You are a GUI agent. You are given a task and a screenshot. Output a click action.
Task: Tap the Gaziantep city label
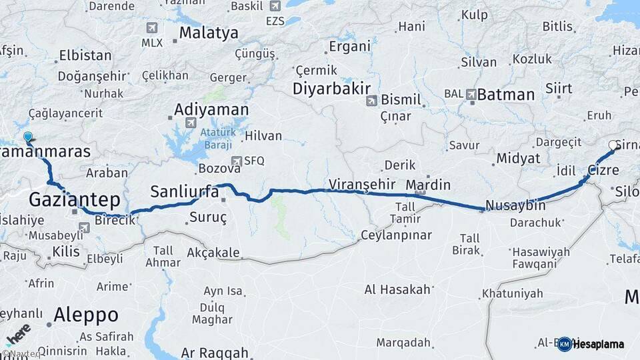pyautogui.click(x=74, y=199)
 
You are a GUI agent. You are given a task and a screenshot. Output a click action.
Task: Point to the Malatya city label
pyautogui.click(x=209, y=33)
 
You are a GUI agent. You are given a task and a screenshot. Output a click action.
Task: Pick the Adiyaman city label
pyautogui.click(x=211, y=109)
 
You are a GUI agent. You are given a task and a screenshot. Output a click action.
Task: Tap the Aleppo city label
pyautogui.click(x=86, y=314)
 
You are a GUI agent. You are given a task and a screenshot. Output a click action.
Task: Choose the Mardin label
pyautogui.click(x=428, y=185)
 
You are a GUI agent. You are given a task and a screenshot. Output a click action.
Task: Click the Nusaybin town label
pyautogui.click(x=516, y=205)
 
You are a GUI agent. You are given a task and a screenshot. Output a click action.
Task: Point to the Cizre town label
pyautogui.click(x=603, y=170)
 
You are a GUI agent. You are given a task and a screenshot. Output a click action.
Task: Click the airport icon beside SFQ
pyautogui.click(x=236, y=161)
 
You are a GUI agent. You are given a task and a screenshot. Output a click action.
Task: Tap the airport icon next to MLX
pyautogui.click(x=152, y=28)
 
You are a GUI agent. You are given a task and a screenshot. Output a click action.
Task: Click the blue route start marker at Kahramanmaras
pyautogui.click(x=28, y=138)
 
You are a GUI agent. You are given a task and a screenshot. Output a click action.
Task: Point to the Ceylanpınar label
pyautogui.click(x=396, y=235)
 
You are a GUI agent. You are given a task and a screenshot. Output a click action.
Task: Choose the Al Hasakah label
pyautogui.click(x=398, y=289)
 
